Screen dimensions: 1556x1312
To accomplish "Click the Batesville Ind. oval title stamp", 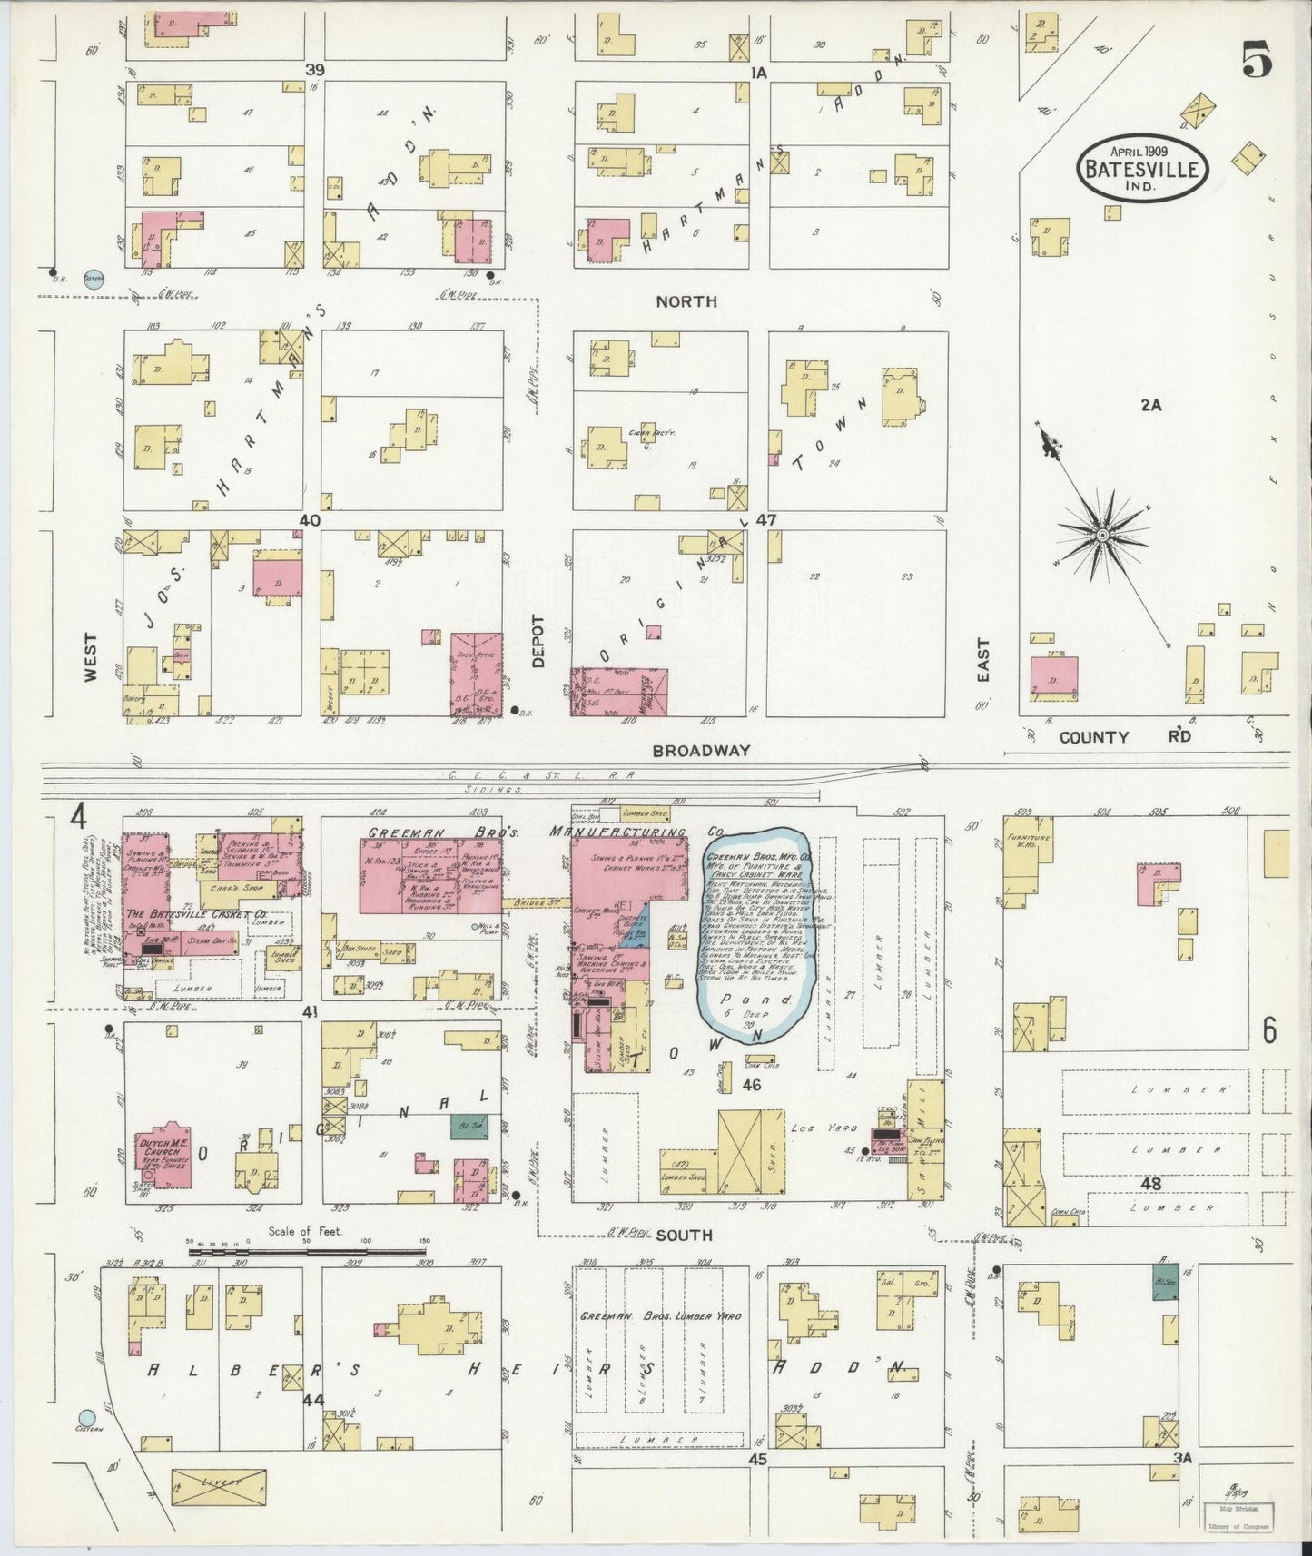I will tap(1142, 167).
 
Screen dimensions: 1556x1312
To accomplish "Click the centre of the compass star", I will tap(1101, 536).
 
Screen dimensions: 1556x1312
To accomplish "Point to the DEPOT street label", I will tap(538, 641).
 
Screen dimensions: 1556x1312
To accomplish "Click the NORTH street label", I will tap(687, 300).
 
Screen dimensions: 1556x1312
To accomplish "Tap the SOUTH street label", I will tap(684, 1236).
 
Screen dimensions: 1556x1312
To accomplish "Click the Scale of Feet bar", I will tap(309, 1252).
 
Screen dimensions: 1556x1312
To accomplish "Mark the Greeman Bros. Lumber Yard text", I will tap(660, 1315).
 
